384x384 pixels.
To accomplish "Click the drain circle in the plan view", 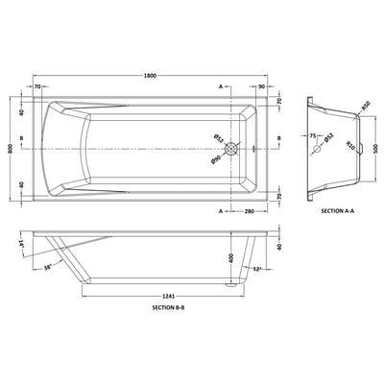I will (231, 149).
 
